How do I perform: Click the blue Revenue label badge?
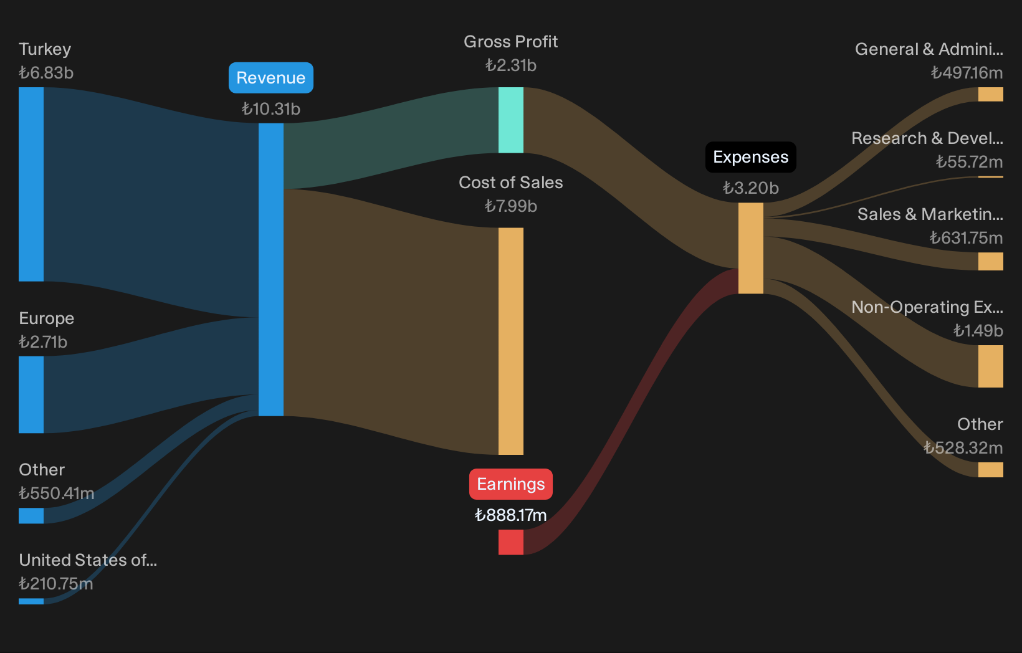coord(271,78)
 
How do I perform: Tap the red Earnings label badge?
coord(510,484)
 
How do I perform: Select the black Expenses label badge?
coord(750,157)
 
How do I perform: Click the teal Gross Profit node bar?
coord(510,120)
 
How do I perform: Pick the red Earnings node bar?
coord(510,542)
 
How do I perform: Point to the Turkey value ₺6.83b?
coord(46,73)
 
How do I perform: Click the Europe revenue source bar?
coord(31,394)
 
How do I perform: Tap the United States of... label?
coord(88,560)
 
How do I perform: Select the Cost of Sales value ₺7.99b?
coord(510,206)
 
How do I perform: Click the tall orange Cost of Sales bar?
coord(510,341)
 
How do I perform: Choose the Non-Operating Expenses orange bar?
coord(990,366)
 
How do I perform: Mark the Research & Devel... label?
coord(927,138)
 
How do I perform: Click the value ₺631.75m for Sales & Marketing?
coord(967,238)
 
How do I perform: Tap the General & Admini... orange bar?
coord(990,95)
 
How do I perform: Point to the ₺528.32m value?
coord(963,447)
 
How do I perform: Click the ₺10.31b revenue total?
coord(271,109)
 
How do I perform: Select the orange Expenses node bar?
coord(750,248)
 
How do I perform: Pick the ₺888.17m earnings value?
coord(510,515)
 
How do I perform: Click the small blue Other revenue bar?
coord(31,516)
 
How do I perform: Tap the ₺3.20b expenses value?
coord(750,188)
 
